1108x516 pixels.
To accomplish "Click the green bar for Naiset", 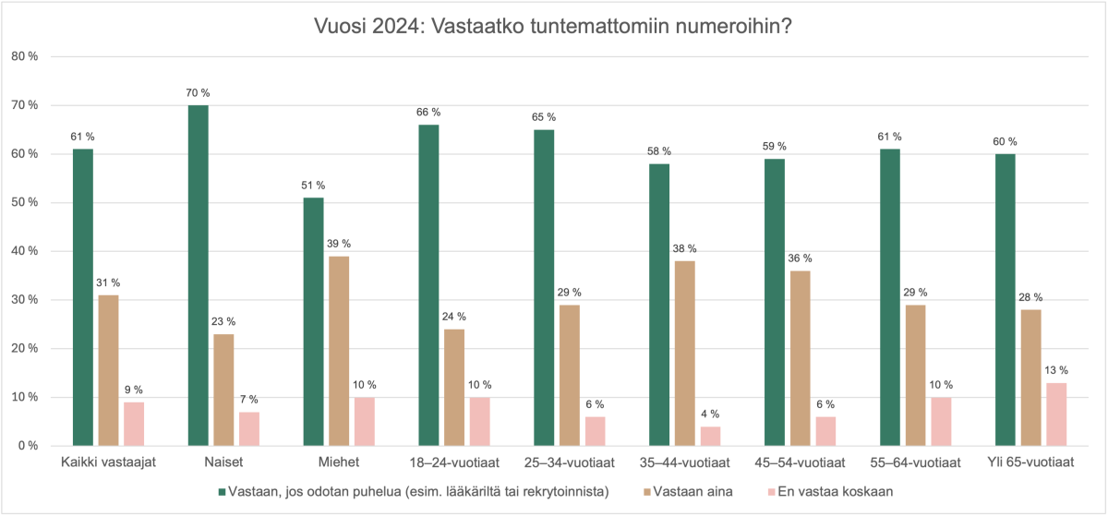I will click(198, 275).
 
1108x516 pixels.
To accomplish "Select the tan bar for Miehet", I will click(340, 351).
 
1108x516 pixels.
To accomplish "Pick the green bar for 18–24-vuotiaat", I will click(428, 285).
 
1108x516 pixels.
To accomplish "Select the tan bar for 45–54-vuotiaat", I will click(801, 358).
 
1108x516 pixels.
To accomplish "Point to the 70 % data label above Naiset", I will click(198, 93).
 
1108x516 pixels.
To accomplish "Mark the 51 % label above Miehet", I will click(313, 186).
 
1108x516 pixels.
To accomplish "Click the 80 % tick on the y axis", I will click(25, 56).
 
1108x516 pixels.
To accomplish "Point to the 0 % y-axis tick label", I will click(28, 446).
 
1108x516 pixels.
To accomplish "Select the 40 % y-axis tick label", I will click(25, 251).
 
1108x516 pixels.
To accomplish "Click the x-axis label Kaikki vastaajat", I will click(108, 462).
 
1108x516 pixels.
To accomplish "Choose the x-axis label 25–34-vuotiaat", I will click(571, 462).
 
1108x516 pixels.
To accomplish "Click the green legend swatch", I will click(222, 491).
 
